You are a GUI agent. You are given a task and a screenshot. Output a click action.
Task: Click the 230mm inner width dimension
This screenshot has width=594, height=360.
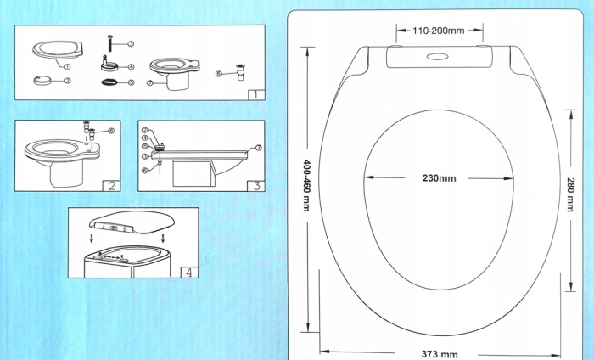[x=439, y=178]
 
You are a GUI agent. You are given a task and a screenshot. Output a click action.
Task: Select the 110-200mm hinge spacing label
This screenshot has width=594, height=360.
[x=438, y=31]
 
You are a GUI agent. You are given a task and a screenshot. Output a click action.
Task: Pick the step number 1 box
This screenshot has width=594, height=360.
[x=252, y=95]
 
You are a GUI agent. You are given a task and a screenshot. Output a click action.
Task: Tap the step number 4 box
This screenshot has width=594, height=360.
[x=188, y=273]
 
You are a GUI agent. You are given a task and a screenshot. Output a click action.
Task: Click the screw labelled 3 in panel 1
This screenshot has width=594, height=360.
[x=109, y=42]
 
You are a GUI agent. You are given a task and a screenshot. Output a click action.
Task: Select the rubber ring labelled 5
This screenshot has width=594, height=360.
[x=109, y=82]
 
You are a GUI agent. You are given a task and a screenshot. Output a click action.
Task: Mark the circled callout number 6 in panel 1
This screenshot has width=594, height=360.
[x=218, y=74]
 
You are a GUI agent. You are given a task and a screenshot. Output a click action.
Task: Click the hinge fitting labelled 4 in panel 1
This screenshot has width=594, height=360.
[x=109, y=62]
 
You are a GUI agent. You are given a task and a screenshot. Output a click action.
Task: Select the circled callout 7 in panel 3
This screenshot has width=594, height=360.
[x=259, y=148]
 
